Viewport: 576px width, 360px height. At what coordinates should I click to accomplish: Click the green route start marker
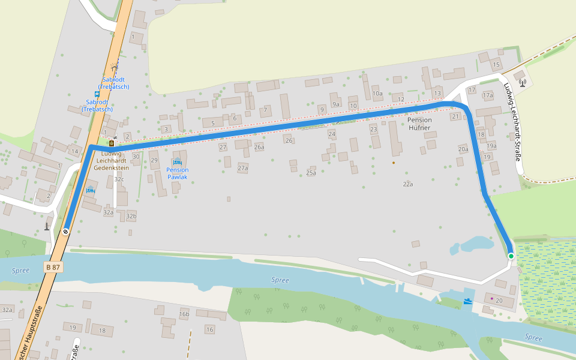tap(511, 256)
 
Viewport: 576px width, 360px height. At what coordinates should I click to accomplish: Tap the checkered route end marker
tap(65, 232)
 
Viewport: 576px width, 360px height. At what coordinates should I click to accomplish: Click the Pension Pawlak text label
tap(178, 173)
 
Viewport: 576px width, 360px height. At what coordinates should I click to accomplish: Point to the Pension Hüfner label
tap(419, 124)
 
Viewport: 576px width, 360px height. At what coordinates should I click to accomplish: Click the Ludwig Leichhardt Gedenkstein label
tap(111, 161)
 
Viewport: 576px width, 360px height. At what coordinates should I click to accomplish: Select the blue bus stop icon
tap(97, 94)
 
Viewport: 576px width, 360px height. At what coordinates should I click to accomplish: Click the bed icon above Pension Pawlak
tap(177, 162)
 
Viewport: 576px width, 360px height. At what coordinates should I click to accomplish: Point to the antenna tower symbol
tap(523, 82)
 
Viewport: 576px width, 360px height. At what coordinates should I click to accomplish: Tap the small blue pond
tap(473, 244)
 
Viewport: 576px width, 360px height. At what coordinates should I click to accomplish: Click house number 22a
tap(408, 184)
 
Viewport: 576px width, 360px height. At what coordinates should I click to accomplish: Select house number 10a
tap(377, 94)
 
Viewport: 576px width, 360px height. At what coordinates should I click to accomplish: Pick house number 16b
tap(184, 314)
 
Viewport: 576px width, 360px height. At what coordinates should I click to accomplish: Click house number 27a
tap(242, 168)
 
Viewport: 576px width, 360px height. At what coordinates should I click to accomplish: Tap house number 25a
tap(311, 173)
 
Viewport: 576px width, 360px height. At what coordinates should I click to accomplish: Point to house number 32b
tap(131, 216)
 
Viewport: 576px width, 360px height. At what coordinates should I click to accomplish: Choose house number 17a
tap(487, 95)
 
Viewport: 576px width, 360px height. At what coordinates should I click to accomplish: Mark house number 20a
tap(463, 149)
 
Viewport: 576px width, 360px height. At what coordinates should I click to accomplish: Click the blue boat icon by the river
tap(467, 301)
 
